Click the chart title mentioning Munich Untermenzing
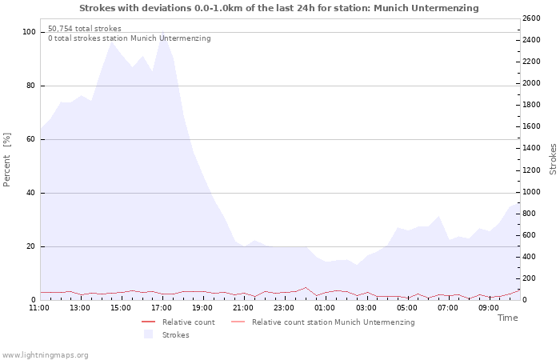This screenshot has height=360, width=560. [x=279, y=8]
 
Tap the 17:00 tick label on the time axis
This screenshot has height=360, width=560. [x=162, y=308]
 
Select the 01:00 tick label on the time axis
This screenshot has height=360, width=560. [x=325, y=308]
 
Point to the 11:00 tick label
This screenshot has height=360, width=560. [x=39, y=308]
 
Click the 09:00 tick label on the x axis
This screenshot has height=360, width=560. [x=489, y=308]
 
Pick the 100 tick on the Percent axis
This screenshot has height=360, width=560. [x=29, y=32]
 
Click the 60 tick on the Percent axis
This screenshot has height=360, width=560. [x=30, y=139]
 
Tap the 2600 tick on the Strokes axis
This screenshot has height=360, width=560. [x=531, y=18]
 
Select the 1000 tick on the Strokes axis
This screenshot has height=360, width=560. [x=531, y=192]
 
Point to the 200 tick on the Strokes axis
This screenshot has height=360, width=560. [x=530, y=278]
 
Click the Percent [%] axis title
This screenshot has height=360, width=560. [x=6, y=160]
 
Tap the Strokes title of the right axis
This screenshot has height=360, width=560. [x=553, y=159]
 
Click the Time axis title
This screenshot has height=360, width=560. [x=507, y=318]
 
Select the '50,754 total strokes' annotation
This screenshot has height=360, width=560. [x=85, y=29]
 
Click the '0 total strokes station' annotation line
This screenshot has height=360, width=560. [x=130, y=38]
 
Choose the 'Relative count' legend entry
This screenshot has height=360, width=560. [x=189, y=322]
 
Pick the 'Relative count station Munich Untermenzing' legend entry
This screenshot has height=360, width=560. [x=334, y=322]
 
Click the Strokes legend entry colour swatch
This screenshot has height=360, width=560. [x=148, y=334]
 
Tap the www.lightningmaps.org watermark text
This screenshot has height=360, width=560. [x=45, y=355]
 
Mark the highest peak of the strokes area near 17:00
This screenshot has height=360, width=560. [x=162, y=30]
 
